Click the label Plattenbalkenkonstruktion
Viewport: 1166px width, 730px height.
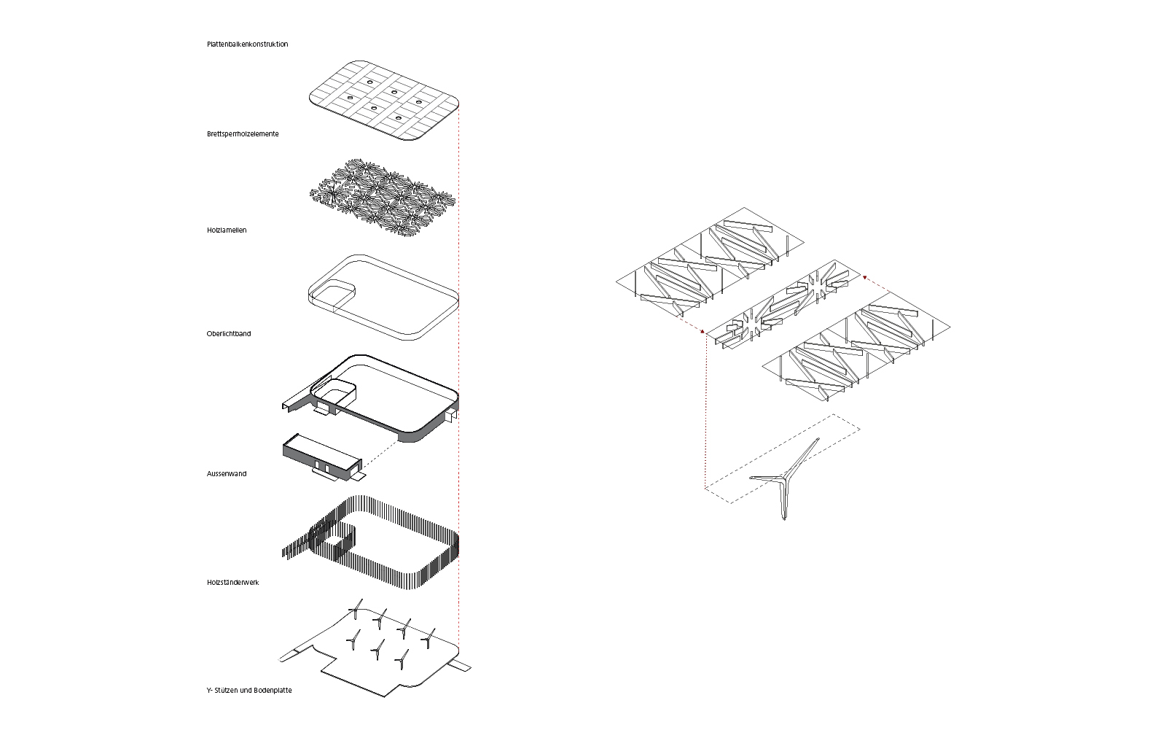247,44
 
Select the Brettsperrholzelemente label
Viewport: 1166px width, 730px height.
242,134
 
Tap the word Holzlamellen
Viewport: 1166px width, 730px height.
227,230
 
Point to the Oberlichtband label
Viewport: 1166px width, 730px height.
228,334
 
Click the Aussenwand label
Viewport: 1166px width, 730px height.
227,474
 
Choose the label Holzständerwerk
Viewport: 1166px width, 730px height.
232,583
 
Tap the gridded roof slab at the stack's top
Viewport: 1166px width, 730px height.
384,100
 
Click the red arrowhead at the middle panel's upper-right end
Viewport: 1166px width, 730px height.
864,277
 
